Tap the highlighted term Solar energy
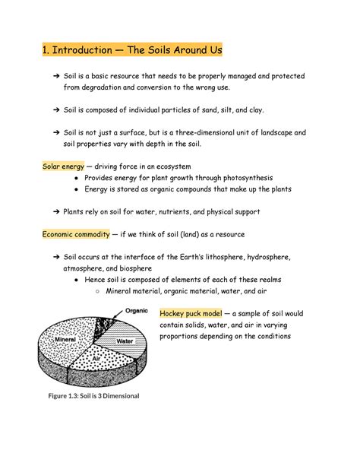[62, 166]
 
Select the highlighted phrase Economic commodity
[75, 234]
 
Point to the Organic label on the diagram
[136, 310]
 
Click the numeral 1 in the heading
[45, 52]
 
